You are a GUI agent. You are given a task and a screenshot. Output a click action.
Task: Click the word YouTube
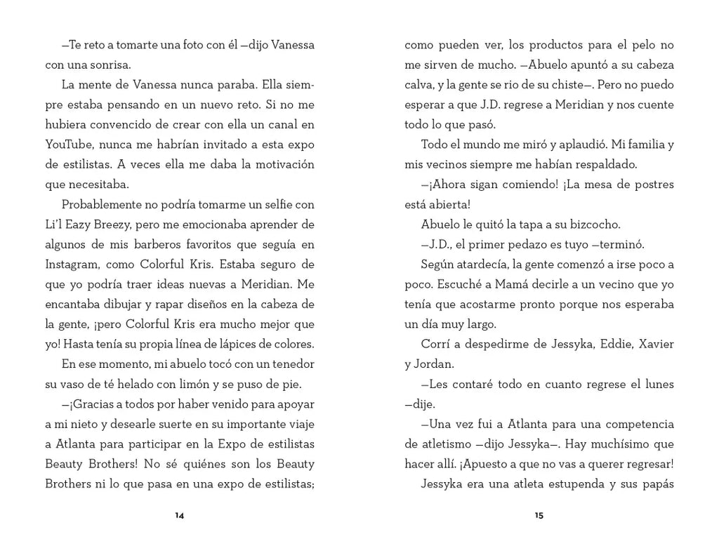tap(70, 145)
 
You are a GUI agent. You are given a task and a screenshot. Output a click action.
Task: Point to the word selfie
tap(268, 205)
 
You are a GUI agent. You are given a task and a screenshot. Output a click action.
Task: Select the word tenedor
tap(291, 364)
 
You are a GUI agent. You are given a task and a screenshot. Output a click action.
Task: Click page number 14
tap(180, 515)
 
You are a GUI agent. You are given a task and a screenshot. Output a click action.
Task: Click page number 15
tap(539, 515)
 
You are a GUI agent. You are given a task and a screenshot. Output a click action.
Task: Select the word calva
tap(419, 86)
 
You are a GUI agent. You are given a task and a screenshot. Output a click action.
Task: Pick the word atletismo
tap(437, 444)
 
